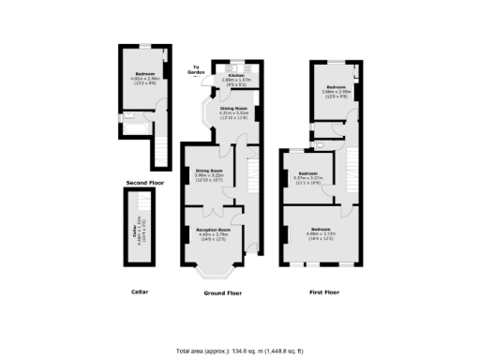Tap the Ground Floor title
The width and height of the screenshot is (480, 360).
pos(222,293)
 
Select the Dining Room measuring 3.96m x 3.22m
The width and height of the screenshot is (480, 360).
pos(209,173)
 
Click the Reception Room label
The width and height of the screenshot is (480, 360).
pos(212,232)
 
